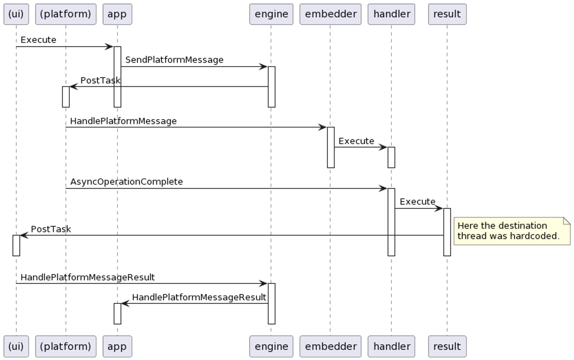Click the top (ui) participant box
click(x=16, y=14)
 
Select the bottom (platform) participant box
click(x=65, y=346)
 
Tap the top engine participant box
click(x=271, y=14)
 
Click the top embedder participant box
click(x=330, y=14)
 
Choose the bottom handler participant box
click(x=391, y=346)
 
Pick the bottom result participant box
click(x=447, y=346)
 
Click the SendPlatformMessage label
click(x=174, y=60)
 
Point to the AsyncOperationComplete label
click(x=127, y=182)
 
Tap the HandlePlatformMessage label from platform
click(x=123, y=121)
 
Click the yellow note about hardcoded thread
click(x=512, y=231)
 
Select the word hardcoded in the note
click(x=534, y=236)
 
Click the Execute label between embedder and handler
click(x=356, y=141)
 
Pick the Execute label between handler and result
click(x=417, y=202)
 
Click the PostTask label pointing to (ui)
click(x=51, y=229)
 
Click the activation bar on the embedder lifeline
click(x=331, y=147)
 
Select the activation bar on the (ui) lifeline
click(x=16, y=245)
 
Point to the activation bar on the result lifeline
click(x=447, y=232)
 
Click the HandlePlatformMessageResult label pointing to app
click(x=199, y=297)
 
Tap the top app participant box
click(x=117, y=14)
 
